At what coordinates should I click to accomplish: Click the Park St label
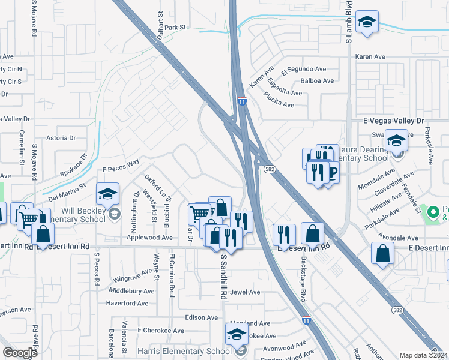[x=176, y=28]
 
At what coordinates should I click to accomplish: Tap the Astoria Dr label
[x=61, y=137]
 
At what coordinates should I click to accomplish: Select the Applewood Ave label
[x=149, y=238]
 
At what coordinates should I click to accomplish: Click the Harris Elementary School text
[x=191, y=352]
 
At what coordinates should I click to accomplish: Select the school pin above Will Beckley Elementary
[x=107, y=193]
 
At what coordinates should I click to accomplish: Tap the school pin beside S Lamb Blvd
[x=367, y=22]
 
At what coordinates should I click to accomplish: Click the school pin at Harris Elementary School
[x=237, y=334]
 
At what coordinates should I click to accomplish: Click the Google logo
[x=20, y=353]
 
